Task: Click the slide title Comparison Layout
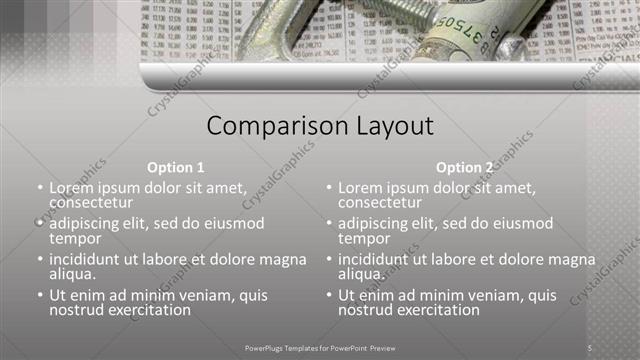(x=320, y=127)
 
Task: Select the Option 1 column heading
(x=175, y=167)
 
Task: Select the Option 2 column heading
(x=465, y=167)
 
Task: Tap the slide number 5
(x=590, y=347)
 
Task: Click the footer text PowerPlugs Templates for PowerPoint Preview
(x=320, y=347)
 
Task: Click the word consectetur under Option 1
(x=91, y=203)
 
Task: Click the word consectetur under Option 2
(x=380, y=203)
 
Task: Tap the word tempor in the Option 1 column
(x=75, y=239)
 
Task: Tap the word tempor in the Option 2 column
(x=364, y=239)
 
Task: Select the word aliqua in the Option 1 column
(x=72, y=274)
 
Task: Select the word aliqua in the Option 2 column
(x=361, y=274)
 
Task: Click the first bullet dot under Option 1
(x=39, y=188)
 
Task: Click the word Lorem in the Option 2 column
(x=361, y=187)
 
